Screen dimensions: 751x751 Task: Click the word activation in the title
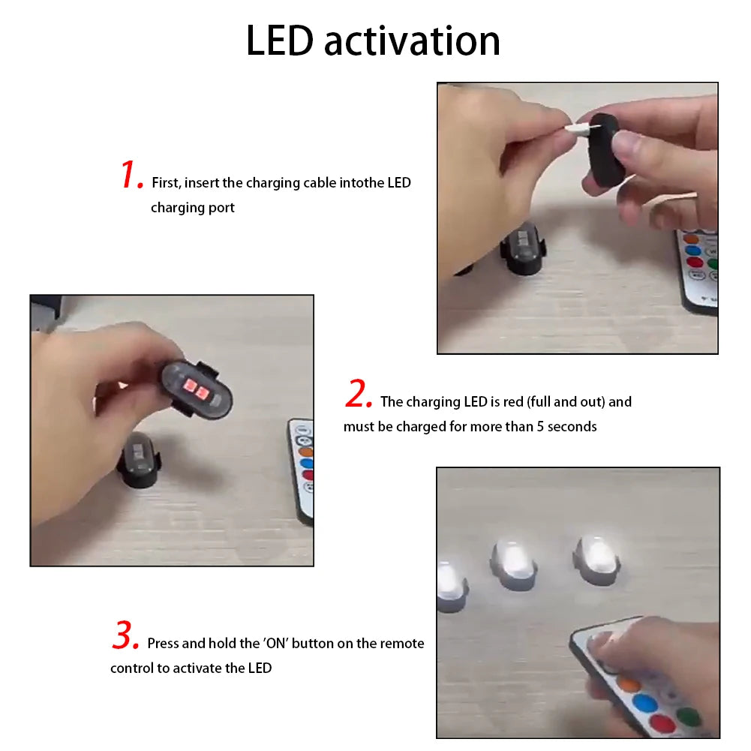click(412, 41)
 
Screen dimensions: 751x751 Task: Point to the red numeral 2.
click(358, 395)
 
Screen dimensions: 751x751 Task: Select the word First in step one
click(166, 182)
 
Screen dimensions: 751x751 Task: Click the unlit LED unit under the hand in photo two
click(140, 461)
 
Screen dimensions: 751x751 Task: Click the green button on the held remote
click(688, 716)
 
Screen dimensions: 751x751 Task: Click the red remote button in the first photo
click(693, 263)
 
